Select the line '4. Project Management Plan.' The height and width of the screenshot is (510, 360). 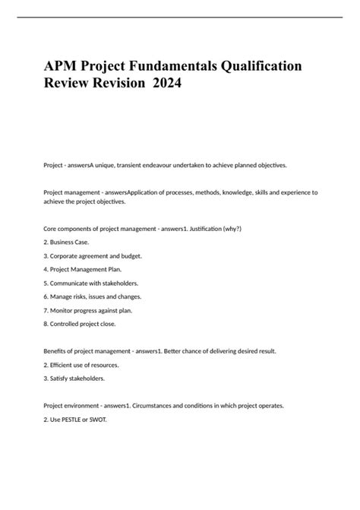pyautogui.click(x=83, y=269)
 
